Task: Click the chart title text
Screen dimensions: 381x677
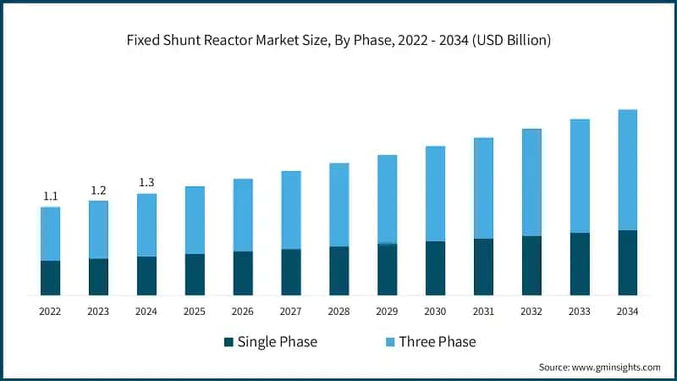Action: coord(338,41)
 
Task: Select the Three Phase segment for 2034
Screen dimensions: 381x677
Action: coord(627,169)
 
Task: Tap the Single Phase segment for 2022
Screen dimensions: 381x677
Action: coord(50,278)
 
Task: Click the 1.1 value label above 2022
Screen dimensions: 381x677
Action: coord(50,196)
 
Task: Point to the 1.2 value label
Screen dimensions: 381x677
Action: coord(98,190)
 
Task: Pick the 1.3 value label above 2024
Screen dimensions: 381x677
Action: coord(146,183)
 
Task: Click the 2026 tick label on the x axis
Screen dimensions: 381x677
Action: coord(242,312)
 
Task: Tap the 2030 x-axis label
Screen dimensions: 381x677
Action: coord(435,312)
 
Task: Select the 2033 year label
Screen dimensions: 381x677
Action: coord(579,312)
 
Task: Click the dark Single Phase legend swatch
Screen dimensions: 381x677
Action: coord(228,342)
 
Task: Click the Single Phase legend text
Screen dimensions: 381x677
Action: coord(277,342)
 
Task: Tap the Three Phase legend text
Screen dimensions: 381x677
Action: coord(437,342)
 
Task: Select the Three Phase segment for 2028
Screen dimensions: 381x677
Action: coord(338,204)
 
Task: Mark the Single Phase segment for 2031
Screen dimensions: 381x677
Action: coord(483,267)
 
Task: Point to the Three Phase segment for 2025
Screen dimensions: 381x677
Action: coord(195,219)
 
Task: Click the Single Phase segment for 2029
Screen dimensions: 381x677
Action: coord(387,269)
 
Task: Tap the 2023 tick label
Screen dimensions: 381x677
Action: coord(98,312)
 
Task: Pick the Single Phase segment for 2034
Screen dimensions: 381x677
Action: coord(627,262)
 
